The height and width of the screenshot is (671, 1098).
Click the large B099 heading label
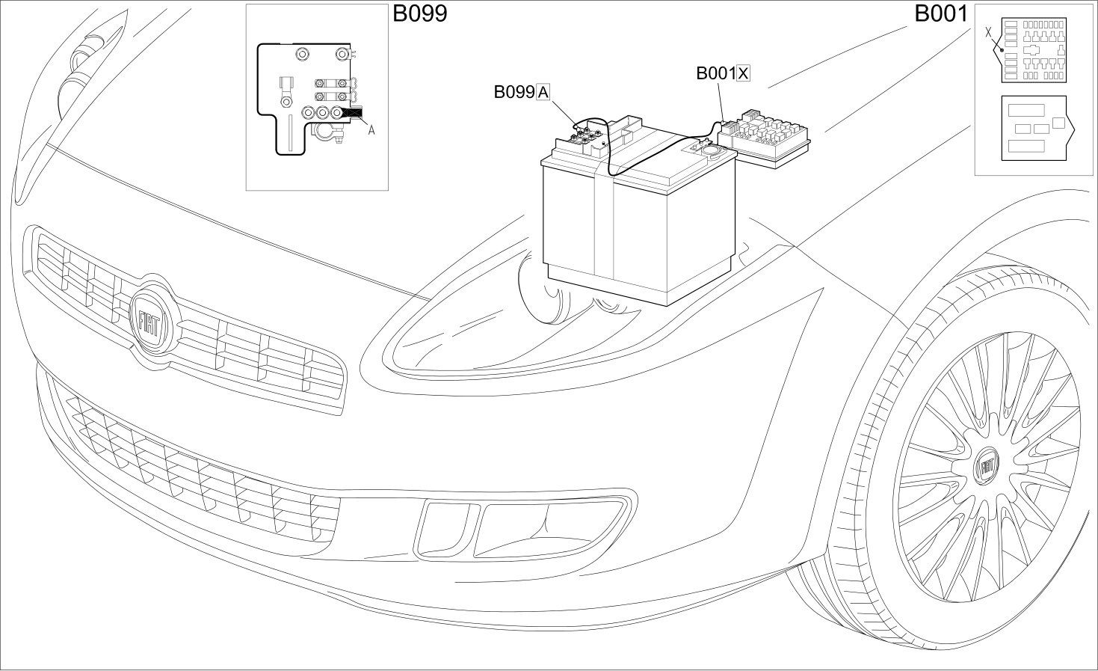click(420, 13)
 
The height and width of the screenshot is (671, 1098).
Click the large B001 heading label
click(941, 13)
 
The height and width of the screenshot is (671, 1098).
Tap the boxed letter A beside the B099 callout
click(543, 92)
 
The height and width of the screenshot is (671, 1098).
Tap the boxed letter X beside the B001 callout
click(743, 73)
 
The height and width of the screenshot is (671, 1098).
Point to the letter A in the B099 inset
click(371, 130)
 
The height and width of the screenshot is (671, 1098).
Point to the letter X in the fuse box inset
click(988, 32)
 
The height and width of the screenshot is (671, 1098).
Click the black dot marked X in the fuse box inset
click(1002, 50)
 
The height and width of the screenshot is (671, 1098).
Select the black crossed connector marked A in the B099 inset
click(353, 113)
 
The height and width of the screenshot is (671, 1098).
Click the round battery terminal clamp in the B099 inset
click(324, 132)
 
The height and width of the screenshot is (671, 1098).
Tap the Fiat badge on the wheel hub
click(987, 467)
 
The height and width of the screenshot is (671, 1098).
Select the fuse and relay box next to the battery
click(764, 138)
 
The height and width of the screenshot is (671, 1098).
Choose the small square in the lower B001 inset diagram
click(1059, 123)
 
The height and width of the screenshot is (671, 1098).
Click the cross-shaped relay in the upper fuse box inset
click(1031, 50)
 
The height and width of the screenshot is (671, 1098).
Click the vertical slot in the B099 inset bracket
click(290, 132)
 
